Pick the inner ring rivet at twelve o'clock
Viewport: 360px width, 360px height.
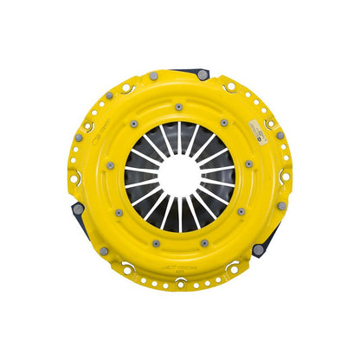pos(178,107)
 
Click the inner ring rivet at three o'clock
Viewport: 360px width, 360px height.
pos(248,164)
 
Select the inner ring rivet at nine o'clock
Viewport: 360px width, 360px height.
pos(111,166)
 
